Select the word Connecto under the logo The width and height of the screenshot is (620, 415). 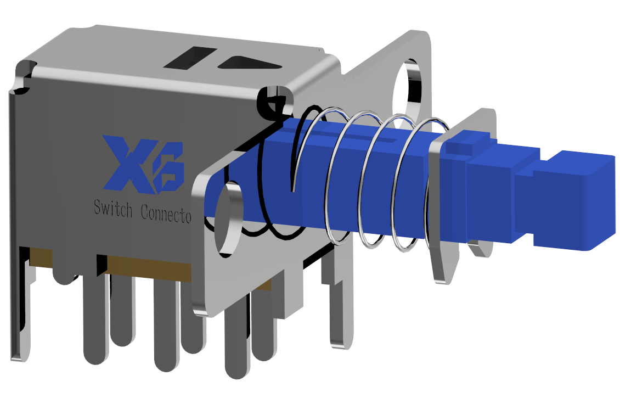[166, 212]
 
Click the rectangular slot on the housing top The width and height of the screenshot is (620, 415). [189, 58]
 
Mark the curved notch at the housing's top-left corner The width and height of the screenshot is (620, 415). [23, 77]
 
